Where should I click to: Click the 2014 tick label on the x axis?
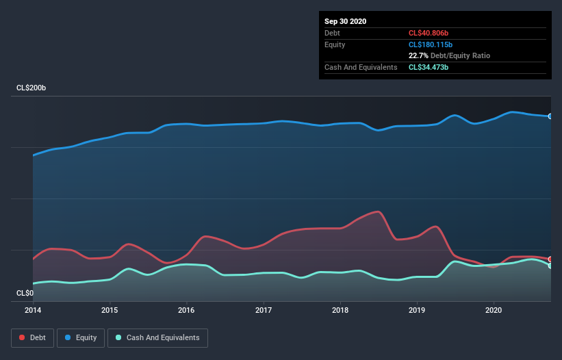[x=33, y=309]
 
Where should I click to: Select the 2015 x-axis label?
[x=110, y=309]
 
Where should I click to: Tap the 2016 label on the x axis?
[x=186, y=309]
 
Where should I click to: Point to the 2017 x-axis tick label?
[x=263, y=309]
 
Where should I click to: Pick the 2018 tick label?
[x=340, y=309]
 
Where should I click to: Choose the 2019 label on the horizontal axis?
[x=416, y=309]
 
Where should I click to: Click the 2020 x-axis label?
[x=493, y=309]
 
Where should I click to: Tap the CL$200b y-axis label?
[x=31, y=88]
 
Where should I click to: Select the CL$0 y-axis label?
[x=24, y=293]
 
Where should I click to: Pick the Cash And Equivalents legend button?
[x=157, y=337]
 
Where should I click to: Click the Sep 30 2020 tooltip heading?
[x=346, y=21]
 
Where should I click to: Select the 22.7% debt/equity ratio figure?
[x=418, y=55]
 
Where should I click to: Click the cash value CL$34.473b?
[x=429, y=67]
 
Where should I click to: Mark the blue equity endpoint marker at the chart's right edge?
[x=550, y=116]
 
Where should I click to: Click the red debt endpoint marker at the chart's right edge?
[x=550, y=259]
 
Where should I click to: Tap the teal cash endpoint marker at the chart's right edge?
[x=550, y=266]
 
